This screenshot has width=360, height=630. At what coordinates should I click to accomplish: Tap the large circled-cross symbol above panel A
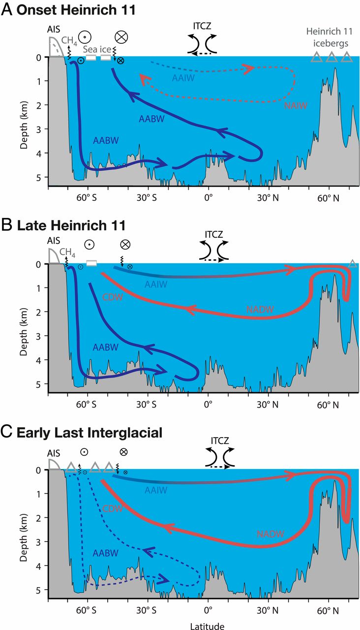121,37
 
